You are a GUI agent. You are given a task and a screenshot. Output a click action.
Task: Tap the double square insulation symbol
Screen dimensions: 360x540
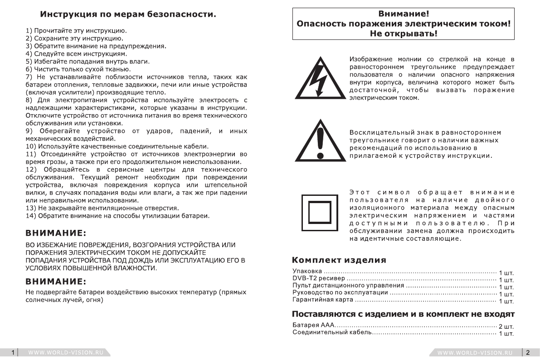pyautogui.click(x=321, y=212)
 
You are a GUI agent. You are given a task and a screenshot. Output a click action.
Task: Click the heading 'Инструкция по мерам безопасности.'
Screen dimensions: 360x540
pyautogui.click(x=128, y=14)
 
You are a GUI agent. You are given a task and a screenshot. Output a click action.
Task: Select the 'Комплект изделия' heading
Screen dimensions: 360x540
pyautogui.click(x=339, y=260)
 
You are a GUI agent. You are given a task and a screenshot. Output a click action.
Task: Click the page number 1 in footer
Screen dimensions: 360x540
pyautogui.click(x=13, y=352)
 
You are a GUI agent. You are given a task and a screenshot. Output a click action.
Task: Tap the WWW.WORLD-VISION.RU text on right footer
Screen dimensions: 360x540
pyautogui.click(x=475, y=352)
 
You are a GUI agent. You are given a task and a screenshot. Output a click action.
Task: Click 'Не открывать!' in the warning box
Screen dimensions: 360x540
pyautogui.click(x=404, y=33)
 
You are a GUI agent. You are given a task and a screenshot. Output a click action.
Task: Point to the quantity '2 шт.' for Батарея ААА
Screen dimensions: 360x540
pyautogui.click(x=506, y=327)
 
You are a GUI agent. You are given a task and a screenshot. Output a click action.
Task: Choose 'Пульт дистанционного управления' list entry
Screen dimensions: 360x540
pyautogui.click(x=348, y=286)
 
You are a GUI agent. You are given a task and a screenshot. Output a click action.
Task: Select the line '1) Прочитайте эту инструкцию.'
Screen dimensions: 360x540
pyautogui.click(x=76, y=31)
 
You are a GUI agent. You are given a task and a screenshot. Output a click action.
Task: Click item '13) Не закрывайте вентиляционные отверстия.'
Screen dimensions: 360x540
pyautogui.click(x=102, y=208)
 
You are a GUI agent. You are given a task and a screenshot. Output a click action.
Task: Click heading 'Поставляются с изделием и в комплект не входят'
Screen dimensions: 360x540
pyautogui.click(x=403, y=314)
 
